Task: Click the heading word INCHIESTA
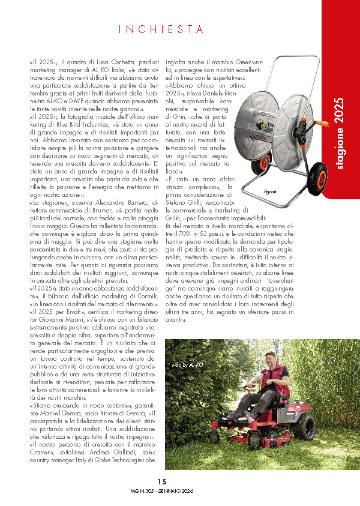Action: pos(161,29)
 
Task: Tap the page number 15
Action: pos(162,481)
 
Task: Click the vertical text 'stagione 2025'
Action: pos(340,133)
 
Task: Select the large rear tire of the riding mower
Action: pos(305,428)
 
